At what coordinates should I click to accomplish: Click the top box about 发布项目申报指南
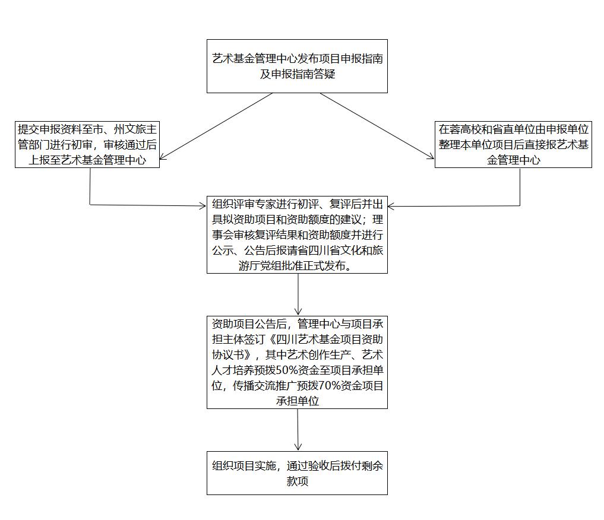[297, 66]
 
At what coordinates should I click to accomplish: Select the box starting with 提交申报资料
[87, 144]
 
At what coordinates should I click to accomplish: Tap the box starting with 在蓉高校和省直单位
[513, 144]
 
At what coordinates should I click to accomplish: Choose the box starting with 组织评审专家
[297, 235]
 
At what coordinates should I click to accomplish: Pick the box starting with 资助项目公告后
[297, 362]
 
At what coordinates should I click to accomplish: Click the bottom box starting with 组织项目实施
[297, 473]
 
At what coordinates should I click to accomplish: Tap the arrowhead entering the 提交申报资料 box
[163, 157]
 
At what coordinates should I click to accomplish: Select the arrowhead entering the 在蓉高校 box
[431, 156]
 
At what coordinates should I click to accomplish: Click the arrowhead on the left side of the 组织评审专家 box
[203, 206]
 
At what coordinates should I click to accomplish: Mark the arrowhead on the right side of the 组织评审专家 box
[391, 207]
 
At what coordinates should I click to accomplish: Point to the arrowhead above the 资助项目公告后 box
[298, 312]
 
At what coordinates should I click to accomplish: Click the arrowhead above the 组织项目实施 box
[298, 446]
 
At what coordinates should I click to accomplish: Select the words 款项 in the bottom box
[298, 481]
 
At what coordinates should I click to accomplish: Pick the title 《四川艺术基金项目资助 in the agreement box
[324, 340]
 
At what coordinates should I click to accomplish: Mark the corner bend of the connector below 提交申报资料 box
[90, 204]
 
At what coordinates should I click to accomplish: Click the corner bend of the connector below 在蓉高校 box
[520, 205]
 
